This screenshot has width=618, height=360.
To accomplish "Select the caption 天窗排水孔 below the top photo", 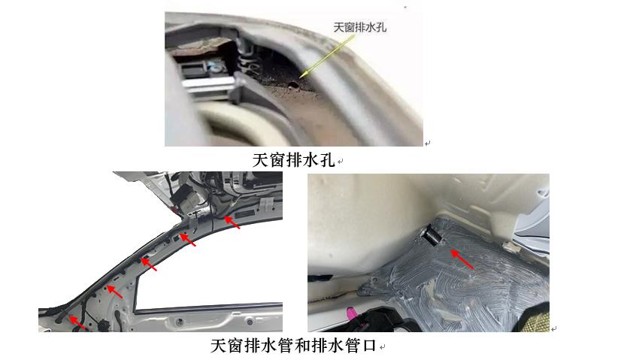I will coord(294,161).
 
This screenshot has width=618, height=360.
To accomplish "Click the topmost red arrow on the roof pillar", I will coord(232,222).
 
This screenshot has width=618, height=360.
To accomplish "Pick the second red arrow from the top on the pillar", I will coord(188,242).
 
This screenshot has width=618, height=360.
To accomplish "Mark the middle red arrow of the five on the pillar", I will coord(150,265).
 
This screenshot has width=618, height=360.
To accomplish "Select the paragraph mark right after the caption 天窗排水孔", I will coord(341,162).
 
